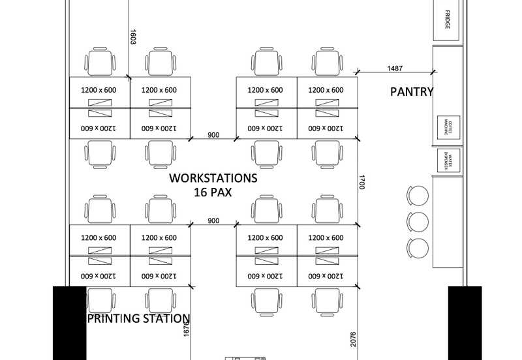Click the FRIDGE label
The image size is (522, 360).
[x=448, y=20]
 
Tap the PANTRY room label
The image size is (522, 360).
[x=412, y=92]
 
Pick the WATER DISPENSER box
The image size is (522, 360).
[x=448, y=160]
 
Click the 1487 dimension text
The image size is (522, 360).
[x=395, y=68]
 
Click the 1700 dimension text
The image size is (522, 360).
[x=361, y=182]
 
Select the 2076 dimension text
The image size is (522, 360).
[x=353, y=340]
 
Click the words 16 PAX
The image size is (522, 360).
[x=213, y=192]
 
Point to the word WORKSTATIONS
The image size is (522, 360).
[x=213, y=178]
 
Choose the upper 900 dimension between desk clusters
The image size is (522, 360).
[x=213, y=135]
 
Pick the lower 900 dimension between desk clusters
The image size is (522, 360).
[x=213, y=220]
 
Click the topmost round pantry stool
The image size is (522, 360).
[x=418, y=195]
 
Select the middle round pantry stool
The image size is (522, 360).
[x=418, y=221]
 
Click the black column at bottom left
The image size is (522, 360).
[x=69, y=323]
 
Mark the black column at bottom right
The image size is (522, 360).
[x=465, y=323]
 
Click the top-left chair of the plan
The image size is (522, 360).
[x=100, y=62]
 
